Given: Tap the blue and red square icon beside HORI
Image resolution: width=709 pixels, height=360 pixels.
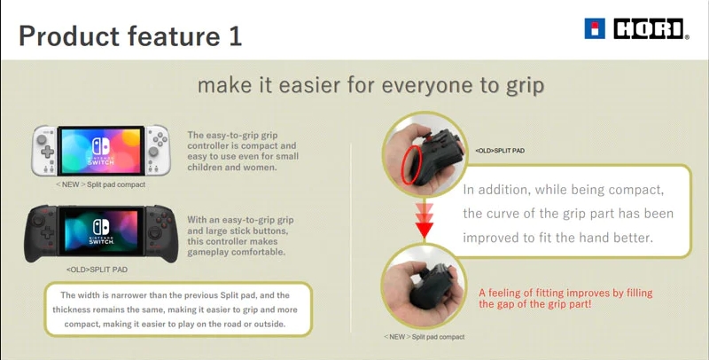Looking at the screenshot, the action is (595, 28).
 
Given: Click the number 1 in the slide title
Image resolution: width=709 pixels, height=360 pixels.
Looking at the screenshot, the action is (236, 35).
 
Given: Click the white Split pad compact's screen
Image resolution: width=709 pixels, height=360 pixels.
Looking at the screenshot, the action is (101, 151).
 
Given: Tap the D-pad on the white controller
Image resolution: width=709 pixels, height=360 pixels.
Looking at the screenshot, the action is (48, 152).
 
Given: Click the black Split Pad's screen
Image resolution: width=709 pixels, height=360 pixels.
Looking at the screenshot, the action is (101, 231).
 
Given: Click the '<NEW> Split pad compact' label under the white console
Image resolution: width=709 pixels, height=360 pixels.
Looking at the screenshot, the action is (101, 184).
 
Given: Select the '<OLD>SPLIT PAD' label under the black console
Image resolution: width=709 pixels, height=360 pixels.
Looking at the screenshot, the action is (97, 270).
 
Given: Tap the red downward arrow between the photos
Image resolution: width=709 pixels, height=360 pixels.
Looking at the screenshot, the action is (425, 221).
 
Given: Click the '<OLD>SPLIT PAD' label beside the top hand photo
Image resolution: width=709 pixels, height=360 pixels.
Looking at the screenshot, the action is (500, 151).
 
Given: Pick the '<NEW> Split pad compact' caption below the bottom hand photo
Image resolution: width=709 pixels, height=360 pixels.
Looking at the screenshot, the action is (425, 337).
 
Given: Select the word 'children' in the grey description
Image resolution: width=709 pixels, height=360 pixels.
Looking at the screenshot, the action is (204, 168).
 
